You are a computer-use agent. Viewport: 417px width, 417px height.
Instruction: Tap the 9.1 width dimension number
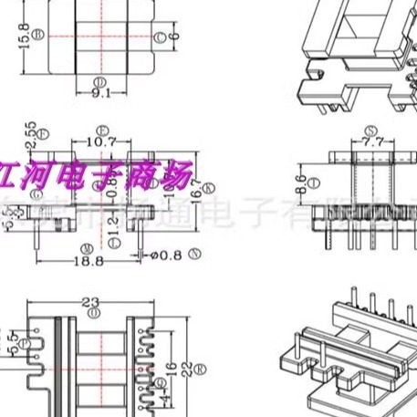pos(101,91)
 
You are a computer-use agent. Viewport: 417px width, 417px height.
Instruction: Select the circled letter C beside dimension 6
pos(161,37)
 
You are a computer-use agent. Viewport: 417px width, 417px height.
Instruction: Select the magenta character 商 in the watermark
pos(151,168)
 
